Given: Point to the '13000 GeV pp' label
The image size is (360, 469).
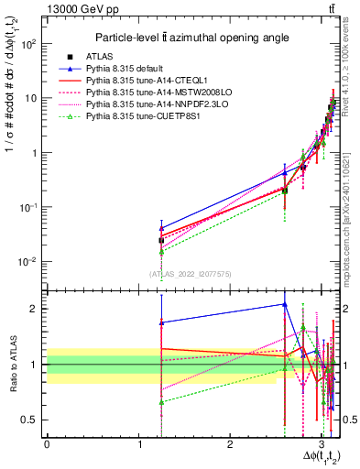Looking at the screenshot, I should click(45, 9).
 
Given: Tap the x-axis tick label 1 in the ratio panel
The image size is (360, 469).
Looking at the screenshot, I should click(138, 446).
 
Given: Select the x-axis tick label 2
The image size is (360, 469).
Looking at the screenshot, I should click(230, 446).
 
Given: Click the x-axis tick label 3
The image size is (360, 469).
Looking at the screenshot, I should click(322, 446).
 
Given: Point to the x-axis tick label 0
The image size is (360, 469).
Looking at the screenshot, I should click(47, 446).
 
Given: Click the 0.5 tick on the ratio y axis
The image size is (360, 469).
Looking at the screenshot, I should click(33, 420).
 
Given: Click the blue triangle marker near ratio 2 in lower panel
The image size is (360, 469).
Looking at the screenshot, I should click(285, 304).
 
